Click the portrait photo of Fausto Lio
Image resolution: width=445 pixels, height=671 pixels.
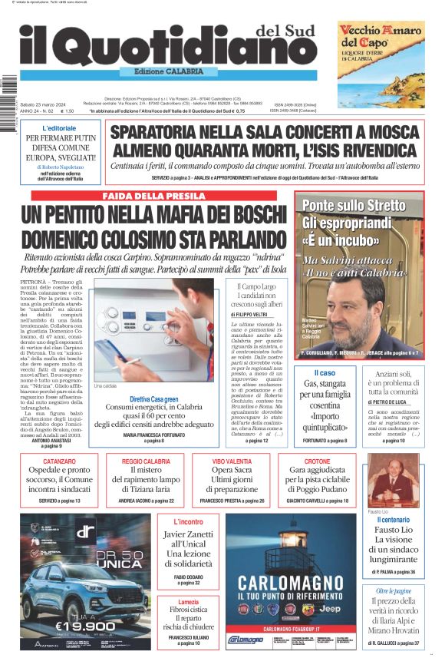(x=394, y=480)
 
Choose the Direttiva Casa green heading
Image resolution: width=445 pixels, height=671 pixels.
(x=154, y=399)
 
